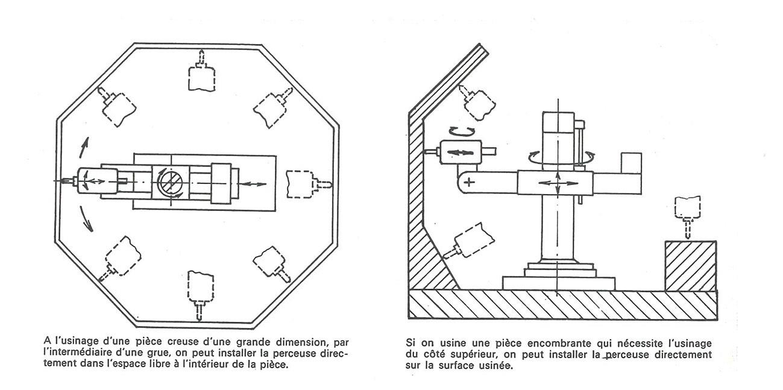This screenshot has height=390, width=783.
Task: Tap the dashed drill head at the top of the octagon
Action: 201,75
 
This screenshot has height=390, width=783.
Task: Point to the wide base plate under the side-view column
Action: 558,281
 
